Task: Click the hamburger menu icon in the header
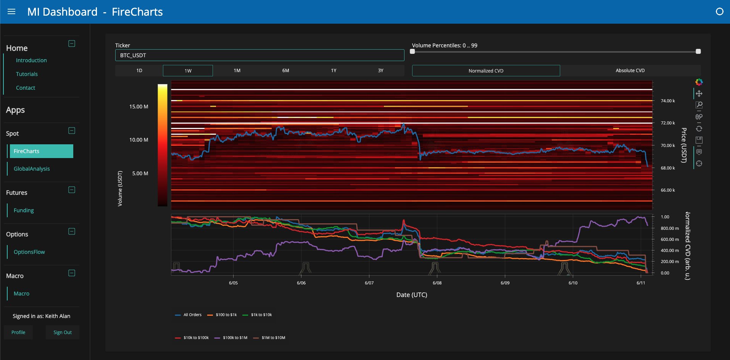pos(11,11)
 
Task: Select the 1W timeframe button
pos(188,71)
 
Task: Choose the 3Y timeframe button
pos(380,71)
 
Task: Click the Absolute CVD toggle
pos(630,71)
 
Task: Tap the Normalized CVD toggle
pos(486,71)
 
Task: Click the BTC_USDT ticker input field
pos(259,55)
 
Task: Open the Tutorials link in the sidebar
pos(27,74)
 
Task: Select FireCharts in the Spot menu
pos(41,151)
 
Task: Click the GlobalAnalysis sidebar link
pos(32,169)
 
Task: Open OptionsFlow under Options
pos(29,252)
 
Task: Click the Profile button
pos(18,332)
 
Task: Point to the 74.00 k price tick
pos(668,101)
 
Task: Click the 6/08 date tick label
pos(437,283)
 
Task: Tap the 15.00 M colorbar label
pos(139,107)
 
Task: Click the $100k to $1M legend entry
pos(231,337)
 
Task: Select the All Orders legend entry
pos(188,315)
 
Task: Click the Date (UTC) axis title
pos(412,295)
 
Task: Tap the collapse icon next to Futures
pos(72,190)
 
